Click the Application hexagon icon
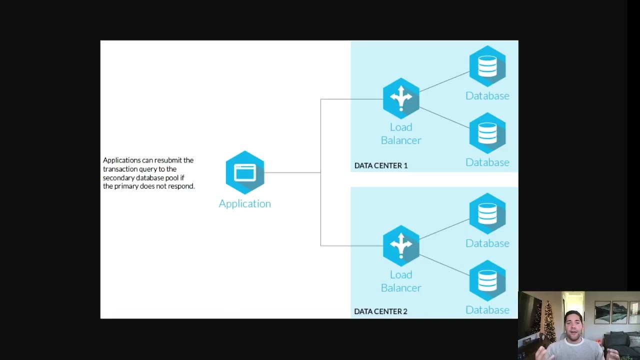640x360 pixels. [x=245, y=172]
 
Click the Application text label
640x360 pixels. [x=245, y=203]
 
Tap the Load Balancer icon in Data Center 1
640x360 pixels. [x=401, y=98]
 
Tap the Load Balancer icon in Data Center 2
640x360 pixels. [x=401, y=245]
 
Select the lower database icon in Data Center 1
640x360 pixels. [x=487, y=133]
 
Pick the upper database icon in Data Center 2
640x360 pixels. [x=487, y=213]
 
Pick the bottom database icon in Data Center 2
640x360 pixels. [x=487, y=280]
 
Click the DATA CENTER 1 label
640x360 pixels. [x=381, y=165]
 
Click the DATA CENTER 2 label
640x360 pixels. [x=381, y=311]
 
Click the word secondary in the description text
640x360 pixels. [x=118, y=178]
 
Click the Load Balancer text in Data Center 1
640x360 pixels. [x=401, y=133]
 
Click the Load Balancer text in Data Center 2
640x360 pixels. [x=401, y=281]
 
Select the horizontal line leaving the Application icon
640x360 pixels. [x=292, y=172]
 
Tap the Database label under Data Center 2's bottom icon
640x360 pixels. [x=487, y=310]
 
